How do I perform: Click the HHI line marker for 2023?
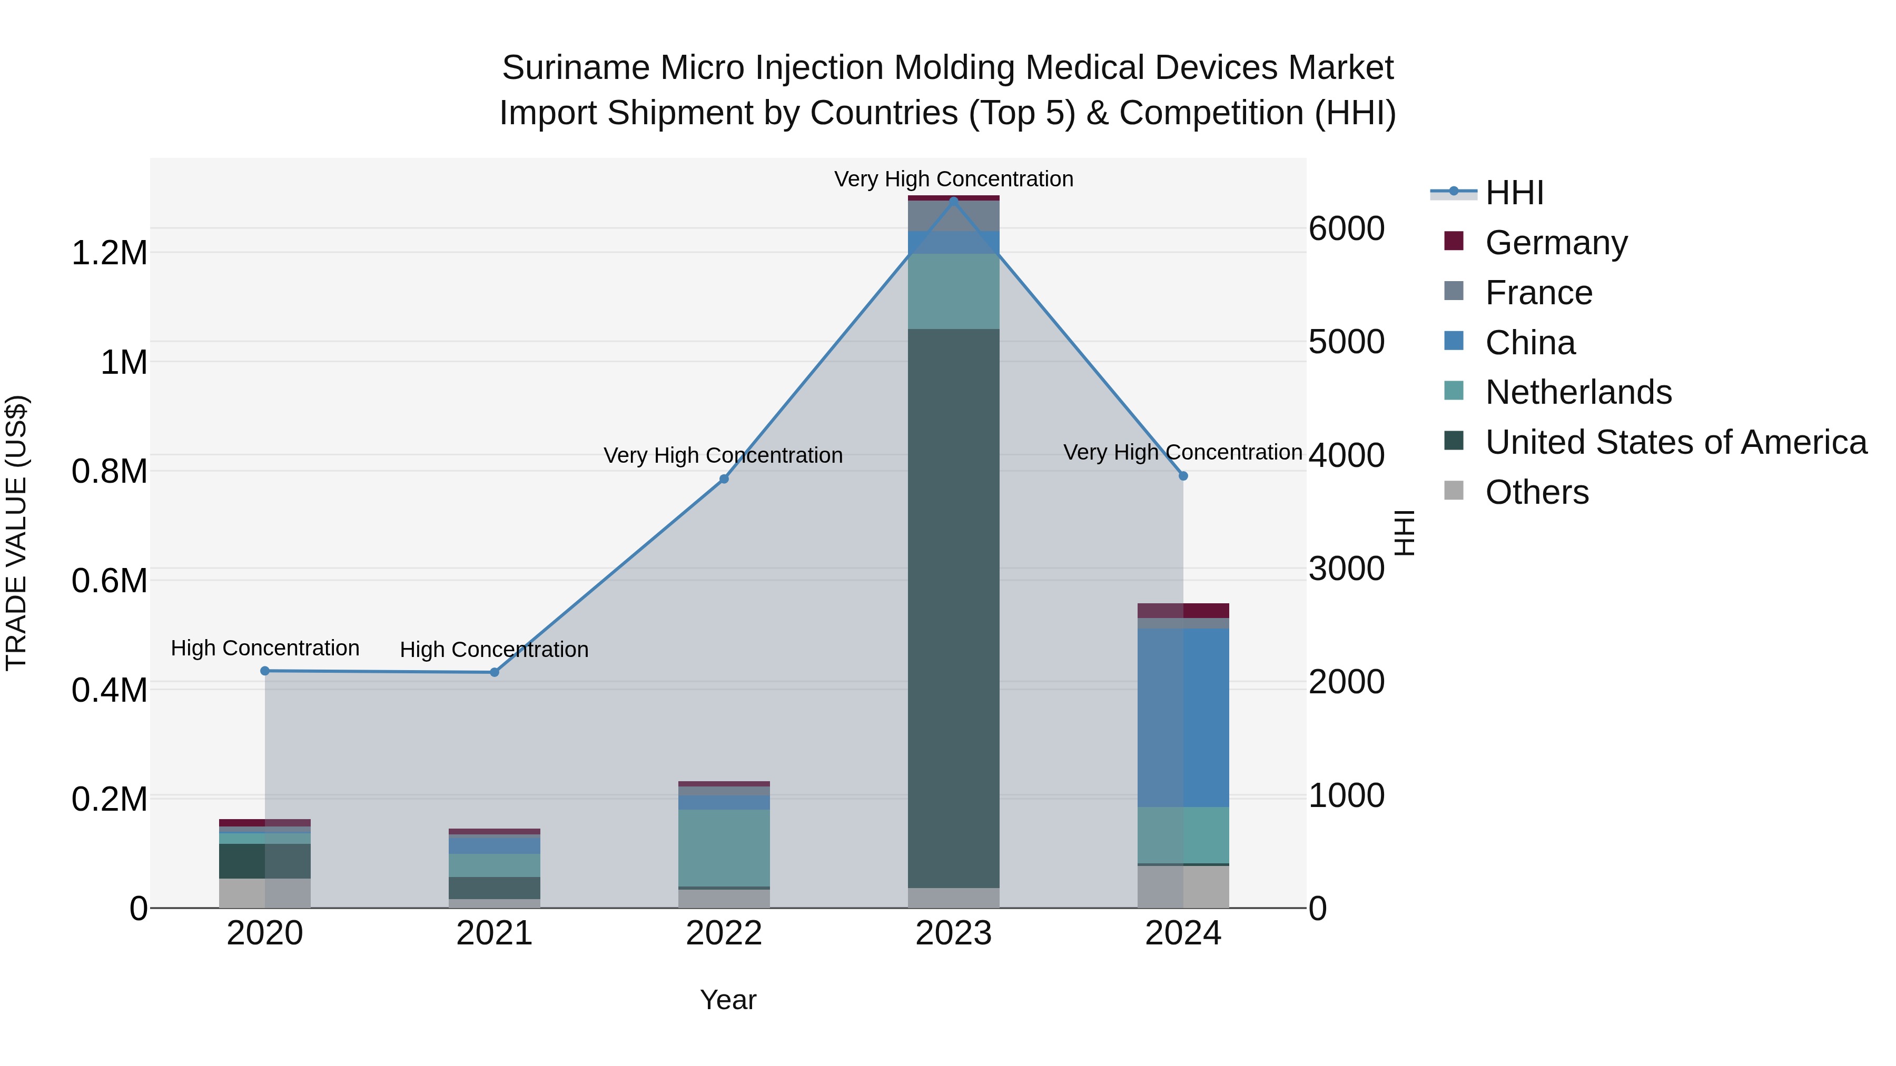click(953, 201)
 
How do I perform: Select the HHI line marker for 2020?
click(265, 671)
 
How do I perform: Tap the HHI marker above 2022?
click(724, 479)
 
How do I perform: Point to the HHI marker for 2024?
click(1183, 476)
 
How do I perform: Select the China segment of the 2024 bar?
click(1183, 718)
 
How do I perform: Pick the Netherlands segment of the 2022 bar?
click(724, 848)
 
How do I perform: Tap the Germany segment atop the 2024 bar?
click(1183, 611)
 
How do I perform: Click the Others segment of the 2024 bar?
click(1183, 886)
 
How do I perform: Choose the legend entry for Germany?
click(1555, 243)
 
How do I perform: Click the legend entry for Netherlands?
click(1577, 392)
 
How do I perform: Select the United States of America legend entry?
click(1675, 442)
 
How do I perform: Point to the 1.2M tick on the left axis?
click(110, 253)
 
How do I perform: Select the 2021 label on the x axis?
click(494, 933)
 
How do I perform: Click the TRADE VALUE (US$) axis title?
click(16, 533)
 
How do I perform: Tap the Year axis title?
click(728, 1000)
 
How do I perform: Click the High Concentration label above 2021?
click(494, 650)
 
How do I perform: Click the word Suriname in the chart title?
click(575, 68)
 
